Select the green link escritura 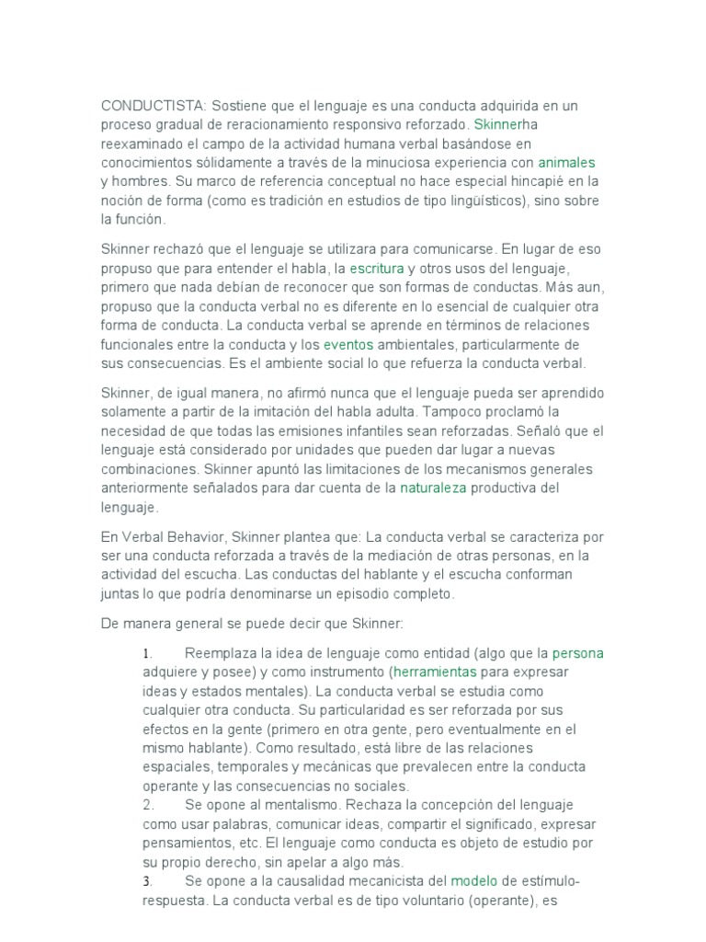coord(377,268)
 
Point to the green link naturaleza coord(434,488)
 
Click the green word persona coord(578,653)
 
